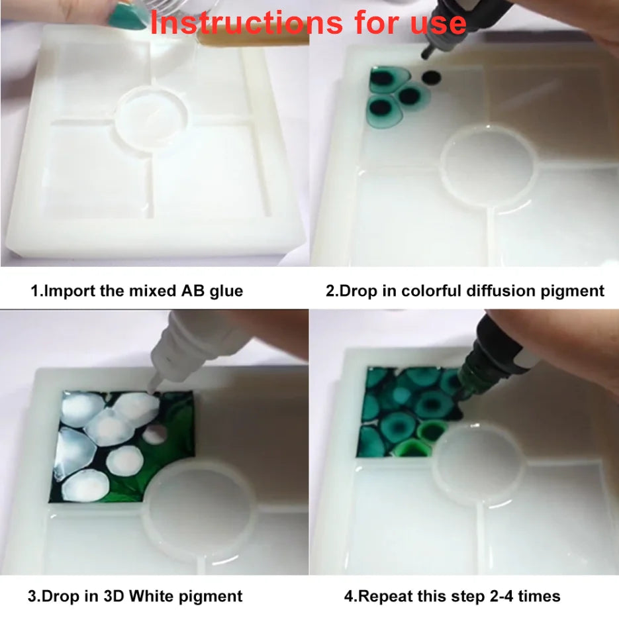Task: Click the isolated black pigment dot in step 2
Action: pos(432,78)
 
